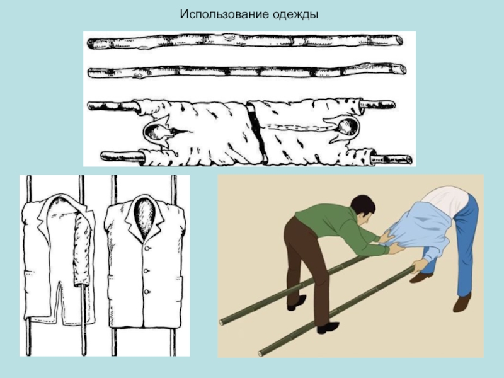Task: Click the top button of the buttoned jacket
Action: click(147, 248)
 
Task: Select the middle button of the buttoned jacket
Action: click(146, 271)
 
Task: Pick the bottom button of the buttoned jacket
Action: click(147, 292)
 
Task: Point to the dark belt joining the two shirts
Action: click(257, 132)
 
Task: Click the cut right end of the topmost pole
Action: click(398, 41)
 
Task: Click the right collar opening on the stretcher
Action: click(347, 127)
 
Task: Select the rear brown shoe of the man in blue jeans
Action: click(421, 277)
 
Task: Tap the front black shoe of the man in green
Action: click(328, 327)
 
